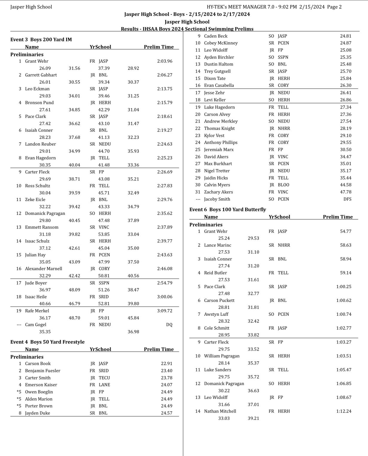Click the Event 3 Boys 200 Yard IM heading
click(41, 39)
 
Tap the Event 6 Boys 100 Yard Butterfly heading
click(227, 209)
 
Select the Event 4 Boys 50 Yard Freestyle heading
click(47, 342)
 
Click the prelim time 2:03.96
click(165, 61)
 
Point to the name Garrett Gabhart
click(41, 75)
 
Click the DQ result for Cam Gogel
click(169, 325)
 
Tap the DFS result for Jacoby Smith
click(347, 199)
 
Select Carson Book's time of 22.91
click(166, 364)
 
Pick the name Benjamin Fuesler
click(42, 370)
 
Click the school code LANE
click(104, 385)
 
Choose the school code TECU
click(104, 378)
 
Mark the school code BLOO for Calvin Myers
click(283, 185)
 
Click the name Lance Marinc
click(218, 245)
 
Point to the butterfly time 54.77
click(346, 231)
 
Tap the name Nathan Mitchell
click(220, 411)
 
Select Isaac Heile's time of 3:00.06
click(165, 297)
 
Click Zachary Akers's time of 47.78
click(346, 192)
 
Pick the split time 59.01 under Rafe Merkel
click(104, 318)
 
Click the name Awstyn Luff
click(216, 314)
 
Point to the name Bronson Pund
click(39, 103)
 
